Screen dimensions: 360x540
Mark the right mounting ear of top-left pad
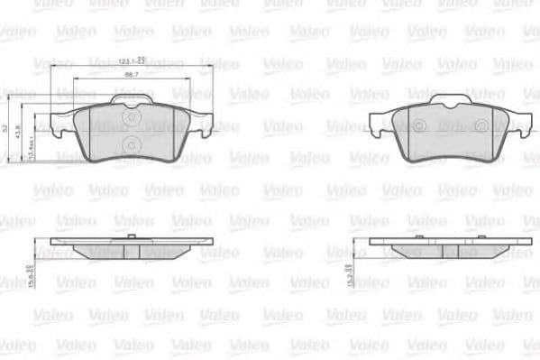202,123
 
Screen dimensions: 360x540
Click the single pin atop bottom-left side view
132,236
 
